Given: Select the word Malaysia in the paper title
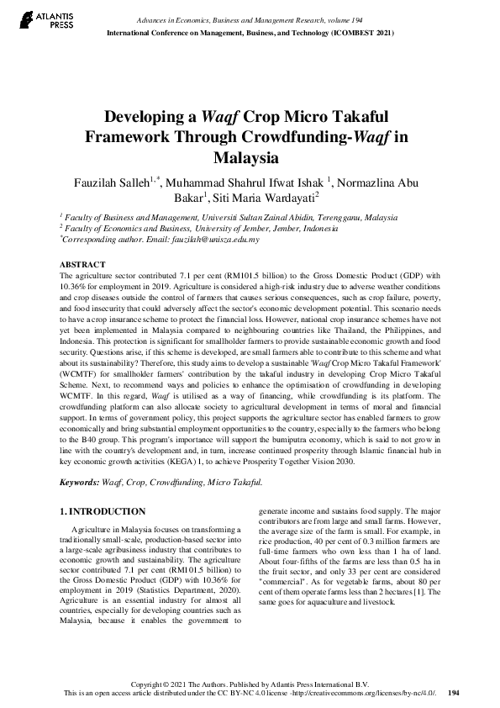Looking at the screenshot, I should coord(250,157).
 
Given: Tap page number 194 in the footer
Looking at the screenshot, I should coord(454,693).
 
